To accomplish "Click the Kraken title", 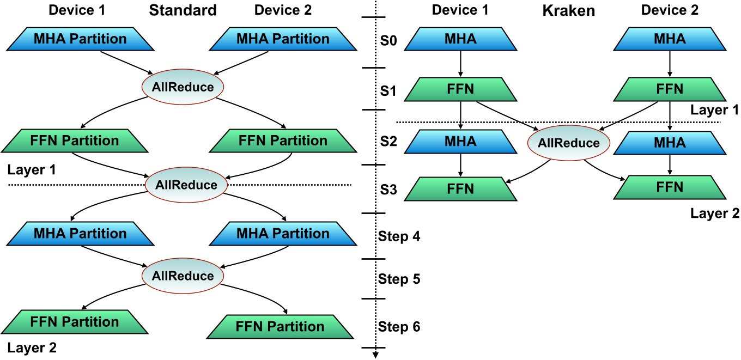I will tap(568, 10).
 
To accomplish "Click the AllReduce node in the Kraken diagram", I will tap(568, 143).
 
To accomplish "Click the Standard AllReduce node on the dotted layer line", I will tap(186, 185).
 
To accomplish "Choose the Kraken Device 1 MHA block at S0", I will tap(461, 39).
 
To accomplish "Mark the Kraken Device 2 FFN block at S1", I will tap(670, 89).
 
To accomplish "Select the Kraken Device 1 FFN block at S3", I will tap(461, 188).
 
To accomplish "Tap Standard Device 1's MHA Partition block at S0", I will tap(80, 39).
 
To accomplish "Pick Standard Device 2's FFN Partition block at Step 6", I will tap(280, 327).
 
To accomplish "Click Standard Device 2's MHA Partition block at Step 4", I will tap(282, 234).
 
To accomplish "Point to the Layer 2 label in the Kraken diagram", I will tap(714, 213).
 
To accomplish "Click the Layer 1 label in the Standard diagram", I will tap(32, 169).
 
